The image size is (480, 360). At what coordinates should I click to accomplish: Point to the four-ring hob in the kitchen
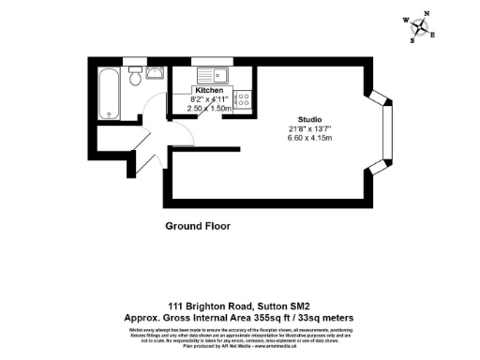pos(242,97)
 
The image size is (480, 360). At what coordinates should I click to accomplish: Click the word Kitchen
pos(209,90)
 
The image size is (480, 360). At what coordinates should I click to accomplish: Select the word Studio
pos(311,120)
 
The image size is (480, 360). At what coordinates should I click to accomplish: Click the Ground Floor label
pos(198,226)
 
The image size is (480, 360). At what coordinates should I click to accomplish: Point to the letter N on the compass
pos(427,14)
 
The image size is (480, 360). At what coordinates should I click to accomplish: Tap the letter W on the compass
pos(405,20)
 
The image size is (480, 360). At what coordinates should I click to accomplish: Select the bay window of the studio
pos(381,134)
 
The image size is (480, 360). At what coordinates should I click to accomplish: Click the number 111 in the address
pos(175,306)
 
